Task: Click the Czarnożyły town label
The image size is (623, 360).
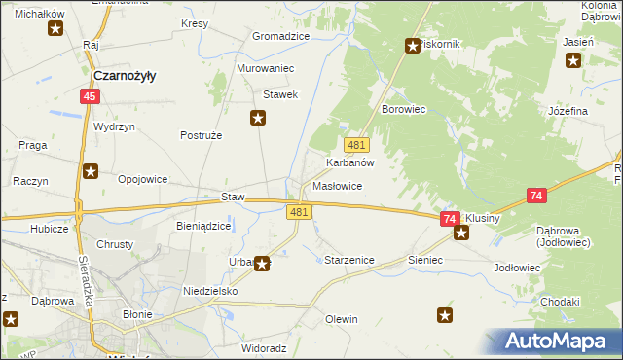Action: (x=126, y=75)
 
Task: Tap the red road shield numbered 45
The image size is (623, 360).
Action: (x=90, y=96)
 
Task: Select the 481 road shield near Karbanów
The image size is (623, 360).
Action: (x=356, y=145)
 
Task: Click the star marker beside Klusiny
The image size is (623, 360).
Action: (x=461, y=233)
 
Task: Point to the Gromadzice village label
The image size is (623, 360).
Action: (x=280, y=36)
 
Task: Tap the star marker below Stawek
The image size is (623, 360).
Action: (x=258, y=119)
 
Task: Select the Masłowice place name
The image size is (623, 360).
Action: (x=338, y=186)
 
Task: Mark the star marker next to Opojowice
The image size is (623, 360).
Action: (x=91, y=172)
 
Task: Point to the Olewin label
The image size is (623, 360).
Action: (x=342, y=319)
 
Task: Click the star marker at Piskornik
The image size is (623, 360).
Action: (x=412, y=45)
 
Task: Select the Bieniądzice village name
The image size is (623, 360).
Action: (x=203, y=226)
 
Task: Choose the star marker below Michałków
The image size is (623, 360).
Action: (x=55, y=29)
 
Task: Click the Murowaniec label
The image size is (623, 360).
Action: (x=266, y=69)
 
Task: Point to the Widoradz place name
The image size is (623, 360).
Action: (x=264, y=347)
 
